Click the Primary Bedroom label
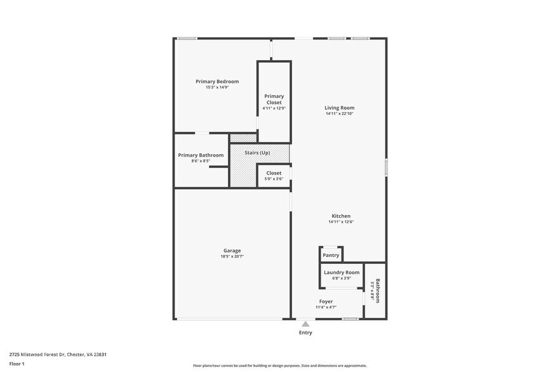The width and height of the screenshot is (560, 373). click(x=217, y=81)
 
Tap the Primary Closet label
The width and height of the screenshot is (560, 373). click(x=274, y=100)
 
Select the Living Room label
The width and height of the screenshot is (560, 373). click(x=340, y=108)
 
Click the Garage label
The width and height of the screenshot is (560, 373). click(x=232, y=250)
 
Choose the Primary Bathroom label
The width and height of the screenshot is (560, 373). click(x=201, y=155)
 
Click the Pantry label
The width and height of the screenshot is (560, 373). click(x=331, y=255)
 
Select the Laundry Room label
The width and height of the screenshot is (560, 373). click(x=342, y=272)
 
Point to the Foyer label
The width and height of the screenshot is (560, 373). click(x=326, y=301)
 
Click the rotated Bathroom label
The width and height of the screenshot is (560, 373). click(x=377, y=291)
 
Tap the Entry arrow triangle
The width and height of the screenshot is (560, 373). click(x=305, y=324)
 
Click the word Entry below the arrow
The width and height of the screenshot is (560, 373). click(x=305, y=332)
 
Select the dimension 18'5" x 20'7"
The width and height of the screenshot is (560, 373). click(x=232, y=256)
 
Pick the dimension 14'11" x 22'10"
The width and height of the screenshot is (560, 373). click(x=340, y=114)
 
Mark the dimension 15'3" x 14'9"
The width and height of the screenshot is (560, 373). click(x=217, y=87)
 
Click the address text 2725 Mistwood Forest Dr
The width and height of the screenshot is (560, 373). click(x=58, y=355)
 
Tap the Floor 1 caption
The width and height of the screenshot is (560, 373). click(x=17, y=363)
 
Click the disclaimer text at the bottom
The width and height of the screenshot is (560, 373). click(x=280, y=365)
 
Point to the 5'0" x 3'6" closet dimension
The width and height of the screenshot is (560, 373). click(x=274, y=179)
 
